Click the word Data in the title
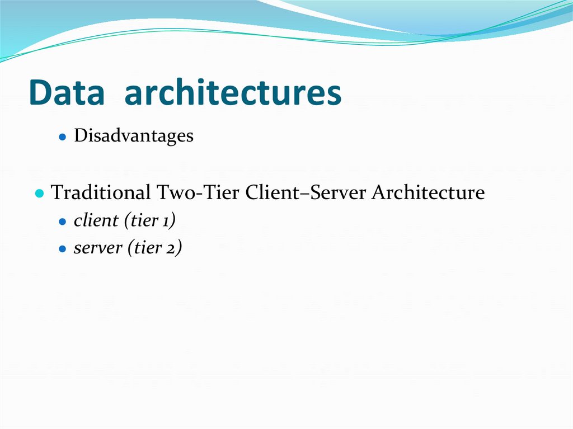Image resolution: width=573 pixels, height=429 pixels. (66, 93)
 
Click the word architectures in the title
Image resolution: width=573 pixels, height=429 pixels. (232, 93)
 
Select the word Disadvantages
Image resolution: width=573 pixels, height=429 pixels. (133, 136)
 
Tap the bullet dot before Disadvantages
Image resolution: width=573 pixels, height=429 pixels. (63, 136)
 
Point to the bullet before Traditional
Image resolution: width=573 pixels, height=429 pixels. (39, 194)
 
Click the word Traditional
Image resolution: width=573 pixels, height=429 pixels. (101, 193)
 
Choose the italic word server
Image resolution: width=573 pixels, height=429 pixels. (98, 248)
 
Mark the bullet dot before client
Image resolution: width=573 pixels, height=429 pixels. (63, 221)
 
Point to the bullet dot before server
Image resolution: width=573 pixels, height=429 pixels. (63, 248)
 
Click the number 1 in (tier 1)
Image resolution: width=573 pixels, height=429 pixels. (168, 221)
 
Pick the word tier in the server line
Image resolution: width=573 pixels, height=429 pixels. (151, 248)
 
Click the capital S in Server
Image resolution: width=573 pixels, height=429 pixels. (316, 193)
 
